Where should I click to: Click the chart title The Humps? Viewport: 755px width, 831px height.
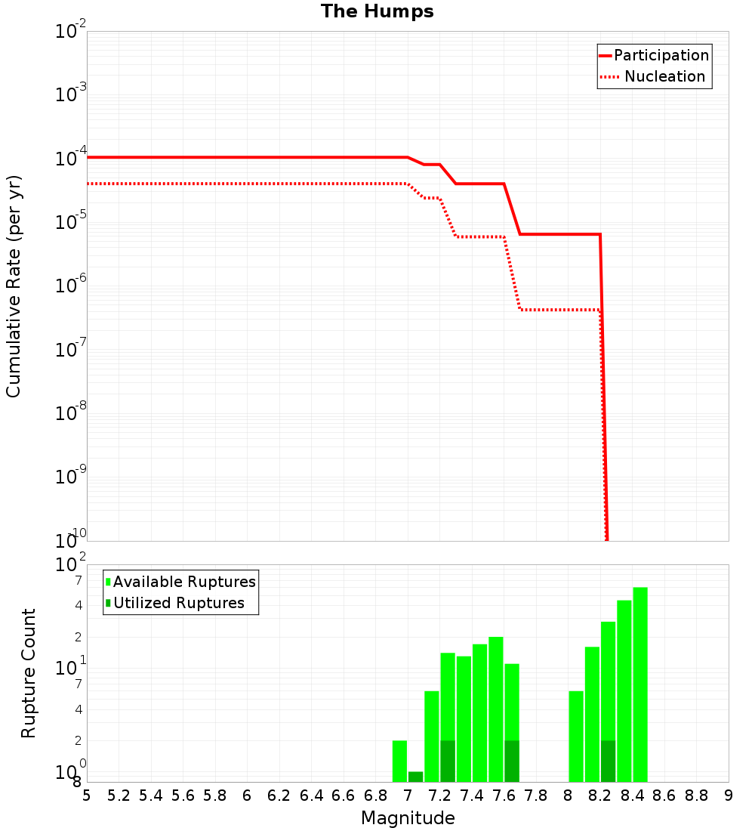pyautogui.click(x=377, y=11)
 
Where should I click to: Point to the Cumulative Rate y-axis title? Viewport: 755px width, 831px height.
pyautogui.click(x=14, y=286)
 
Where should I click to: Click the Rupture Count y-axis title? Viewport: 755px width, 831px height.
pyautogui.click(x=29, y=673)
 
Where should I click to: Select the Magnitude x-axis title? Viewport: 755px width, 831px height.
pyautogui.click(x=408, y=818)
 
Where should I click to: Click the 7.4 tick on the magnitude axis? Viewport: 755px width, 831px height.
pyautogui.click(x=472, y=795)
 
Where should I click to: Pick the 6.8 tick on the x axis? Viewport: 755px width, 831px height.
pyautogui.click(x=375, y=795)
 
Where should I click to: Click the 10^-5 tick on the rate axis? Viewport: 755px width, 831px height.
pyautogui.click(x=71, y=222)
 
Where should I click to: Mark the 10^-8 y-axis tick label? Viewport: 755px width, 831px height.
pyautogui.click(x=71, y=413)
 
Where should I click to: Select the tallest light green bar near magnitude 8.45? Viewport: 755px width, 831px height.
pyautogui.click(x=640, y=684)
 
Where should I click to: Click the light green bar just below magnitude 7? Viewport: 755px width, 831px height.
pyautogui.click(x=399, y=761)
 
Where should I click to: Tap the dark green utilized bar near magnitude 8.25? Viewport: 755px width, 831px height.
pyautogui.click(x=608, y=761)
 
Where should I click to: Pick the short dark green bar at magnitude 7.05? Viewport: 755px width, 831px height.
pyautogui.click(x=415, y=777)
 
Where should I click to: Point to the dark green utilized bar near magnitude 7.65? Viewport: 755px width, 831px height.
pyautogui.click(x=512, y=761)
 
